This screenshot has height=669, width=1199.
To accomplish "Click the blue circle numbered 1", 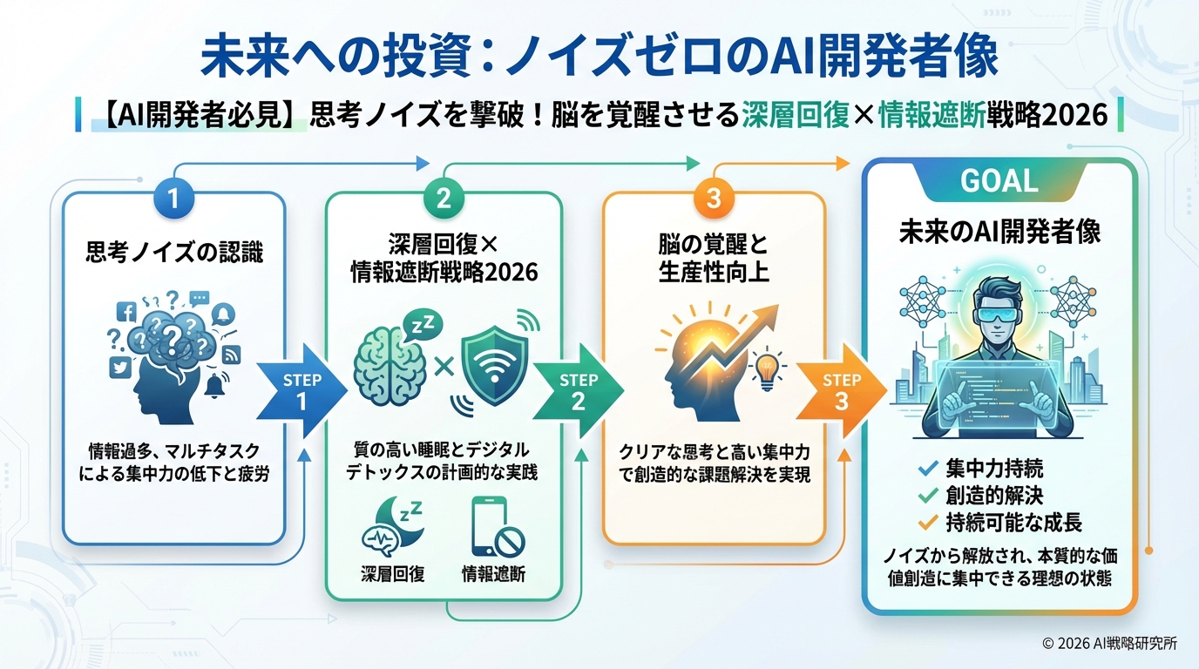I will click(173, 199).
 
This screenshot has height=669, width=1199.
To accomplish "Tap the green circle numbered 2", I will click(444, 199).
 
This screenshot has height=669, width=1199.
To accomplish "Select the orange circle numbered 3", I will click(714, 199).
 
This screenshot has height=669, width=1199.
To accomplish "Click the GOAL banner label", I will click(999, 180).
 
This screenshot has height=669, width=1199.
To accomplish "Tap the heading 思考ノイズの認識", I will click(174, 253).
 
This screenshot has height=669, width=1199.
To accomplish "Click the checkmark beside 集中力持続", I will click(929, 469).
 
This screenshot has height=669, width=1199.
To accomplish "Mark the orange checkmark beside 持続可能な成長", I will click(929, 523).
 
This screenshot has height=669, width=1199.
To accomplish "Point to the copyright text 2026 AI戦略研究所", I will click(1109, 644).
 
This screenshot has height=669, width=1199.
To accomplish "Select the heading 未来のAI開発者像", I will click(999, 233).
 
